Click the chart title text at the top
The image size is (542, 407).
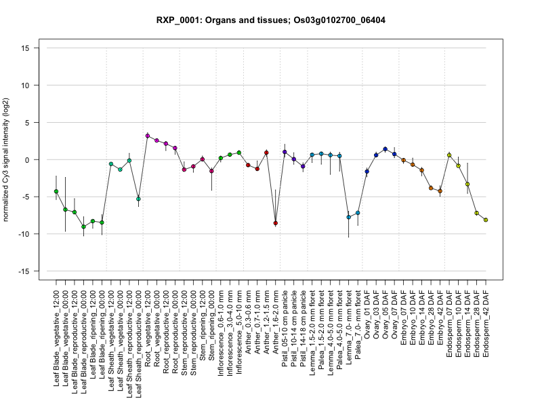point(271,20)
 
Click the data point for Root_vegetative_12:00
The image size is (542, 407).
point(148,136)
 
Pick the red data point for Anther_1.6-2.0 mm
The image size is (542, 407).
point(276,222)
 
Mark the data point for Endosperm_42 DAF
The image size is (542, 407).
point(486,220)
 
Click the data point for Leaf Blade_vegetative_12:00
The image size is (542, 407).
point(56,191)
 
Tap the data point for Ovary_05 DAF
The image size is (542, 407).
point(385,149)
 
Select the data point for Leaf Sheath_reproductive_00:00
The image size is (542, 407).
point(138,199)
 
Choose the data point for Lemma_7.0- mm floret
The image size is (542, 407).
point(349,217)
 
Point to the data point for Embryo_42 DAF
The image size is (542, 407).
point(440,191)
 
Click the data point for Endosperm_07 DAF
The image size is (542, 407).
point(449,155)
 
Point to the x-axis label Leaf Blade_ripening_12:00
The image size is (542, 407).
point(93,329)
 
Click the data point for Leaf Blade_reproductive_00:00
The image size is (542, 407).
point(83,227)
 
